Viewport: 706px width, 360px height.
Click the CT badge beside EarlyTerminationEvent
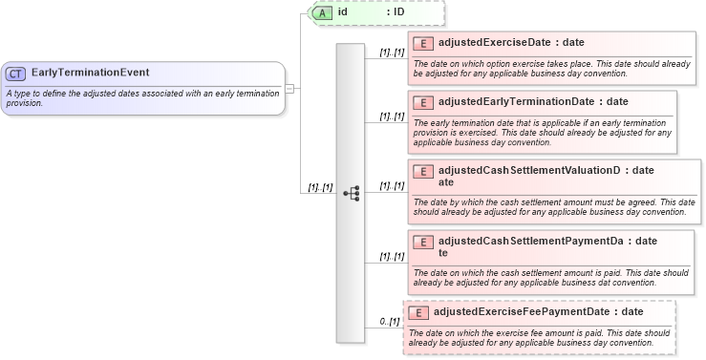click(16, 73)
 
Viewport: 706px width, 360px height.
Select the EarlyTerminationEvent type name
click(90, 73)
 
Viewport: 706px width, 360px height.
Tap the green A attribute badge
click(324, 12)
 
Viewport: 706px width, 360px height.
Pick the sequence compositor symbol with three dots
click(351, 192)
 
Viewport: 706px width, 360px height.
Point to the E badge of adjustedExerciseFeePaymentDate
click(418, 312)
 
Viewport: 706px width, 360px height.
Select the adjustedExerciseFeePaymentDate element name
click(522, 312)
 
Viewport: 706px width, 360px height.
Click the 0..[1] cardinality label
click(389, 321)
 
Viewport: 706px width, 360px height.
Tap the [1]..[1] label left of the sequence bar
click(318, 187)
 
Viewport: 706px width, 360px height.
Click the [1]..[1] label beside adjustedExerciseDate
click(392, 53)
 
